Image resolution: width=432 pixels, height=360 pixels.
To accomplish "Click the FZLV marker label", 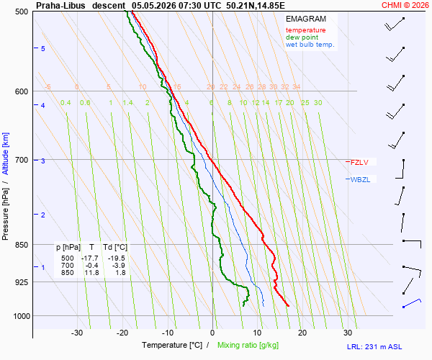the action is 359,162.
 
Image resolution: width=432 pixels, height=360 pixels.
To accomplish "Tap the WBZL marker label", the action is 360,179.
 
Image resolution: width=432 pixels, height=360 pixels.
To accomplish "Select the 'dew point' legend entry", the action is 302,37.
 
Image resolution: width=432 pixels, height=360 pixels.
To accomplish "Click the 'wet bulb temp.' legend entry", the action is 310,45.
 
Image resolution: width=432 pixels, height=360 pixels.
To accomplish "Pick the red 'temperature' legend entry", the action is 305,30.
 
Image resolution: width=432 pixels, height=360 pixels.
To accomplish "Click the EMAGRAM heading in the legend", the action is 306,19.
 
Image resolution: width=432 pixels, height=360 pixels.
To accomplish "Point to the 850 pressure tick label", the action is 22,245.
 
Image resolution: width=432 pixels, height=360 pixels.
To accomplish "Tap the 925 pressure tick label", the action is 22,282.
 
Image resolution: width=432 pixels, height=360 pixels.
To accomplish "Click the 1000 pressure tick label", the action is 22,316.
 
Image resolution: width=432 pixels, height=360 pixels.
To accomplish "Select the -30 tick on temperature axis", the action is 77,333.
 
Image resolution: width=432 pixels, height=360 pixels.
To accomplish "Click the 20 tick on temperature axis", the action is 302,333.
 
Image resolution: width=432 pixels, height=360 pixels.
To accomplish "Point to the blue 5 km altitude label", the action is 43,49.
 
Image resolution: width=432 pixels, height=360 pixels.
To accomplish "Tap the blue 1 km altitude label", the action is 43,267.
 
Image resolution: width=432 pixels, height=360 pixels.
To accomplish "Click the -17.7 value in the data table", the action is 90,258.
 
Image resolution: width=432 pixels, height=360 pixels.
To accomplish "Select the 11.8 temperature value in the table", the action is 91,273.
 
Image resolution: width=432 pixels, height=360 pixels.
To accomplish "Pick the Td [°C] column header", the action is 115,248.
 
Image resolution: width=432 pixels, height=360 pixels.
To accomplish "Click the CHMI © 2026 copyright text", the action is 405,5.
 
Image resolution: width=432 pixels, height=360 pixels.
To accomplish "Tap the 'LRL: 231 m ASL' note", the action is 374,347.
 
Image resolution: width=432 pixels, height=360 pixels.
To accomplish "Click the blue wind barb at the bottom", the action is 412,303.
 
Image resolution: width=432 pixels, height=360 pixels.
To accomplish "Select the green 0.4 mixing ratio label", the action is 66,103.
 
